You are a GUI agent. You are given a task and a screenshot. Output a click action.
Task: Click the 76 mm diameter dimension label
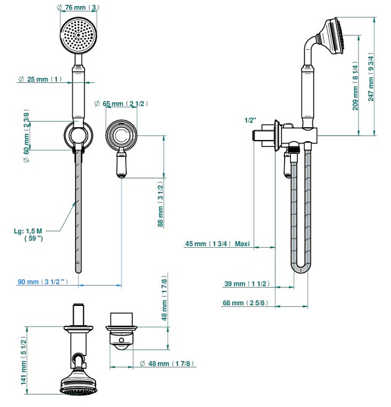click(79, 7)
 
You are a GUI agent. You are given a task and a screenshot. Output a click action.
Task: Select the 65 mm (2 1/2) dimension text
click(121, 104)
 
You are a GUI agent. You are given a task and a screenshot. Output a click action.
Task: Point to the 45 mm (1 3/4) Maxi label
click(217, 245)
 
